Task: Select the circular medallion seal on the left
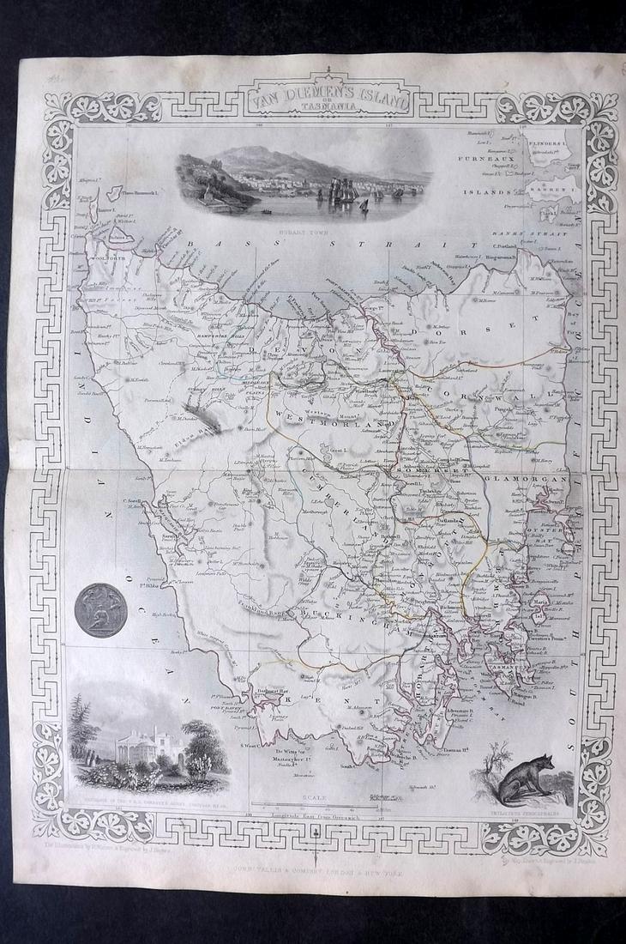[x=101, y=610]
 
